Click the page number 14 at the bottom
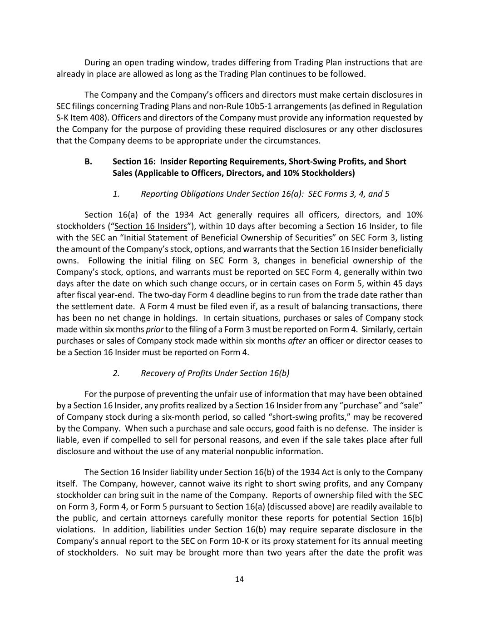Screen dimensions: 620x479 (240, 579)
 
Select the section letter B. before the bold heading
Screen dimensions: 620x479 (89, 162)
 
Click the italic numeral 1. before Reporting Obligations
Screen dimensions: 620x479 (116, 194)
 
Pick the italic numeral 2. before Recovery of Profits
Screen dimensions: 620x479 (116, 373)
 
